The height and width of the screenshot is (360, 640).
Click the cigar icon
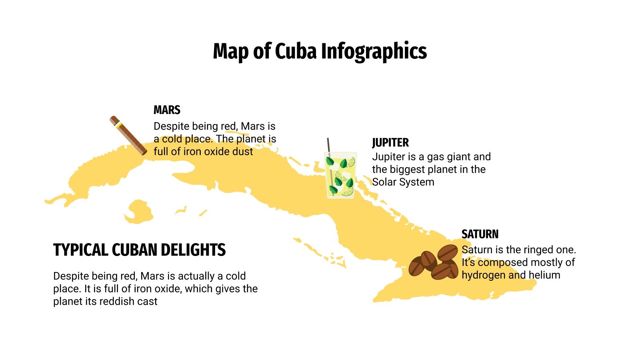(x=128, y=136)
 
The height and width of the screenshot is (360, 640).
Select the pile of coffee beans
(x=434, y=262)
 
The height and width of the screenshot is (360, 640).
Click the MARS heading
(x=167, y=110)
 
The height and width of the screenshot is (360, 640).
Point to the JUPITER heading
(x=390, y=143)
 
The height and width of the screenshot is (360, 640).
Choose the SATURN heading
(x=480, y=234)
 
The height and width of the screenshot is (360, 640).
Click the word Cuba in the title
(x=296, y=51)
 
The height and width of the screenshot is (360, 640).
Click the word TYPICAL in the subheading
(x=80, y=250)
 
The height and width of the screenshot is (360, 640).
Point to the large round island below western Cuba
(x=138, y=212)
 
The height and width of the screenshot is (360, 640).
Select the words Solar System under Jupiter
(x=403, y=182)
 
